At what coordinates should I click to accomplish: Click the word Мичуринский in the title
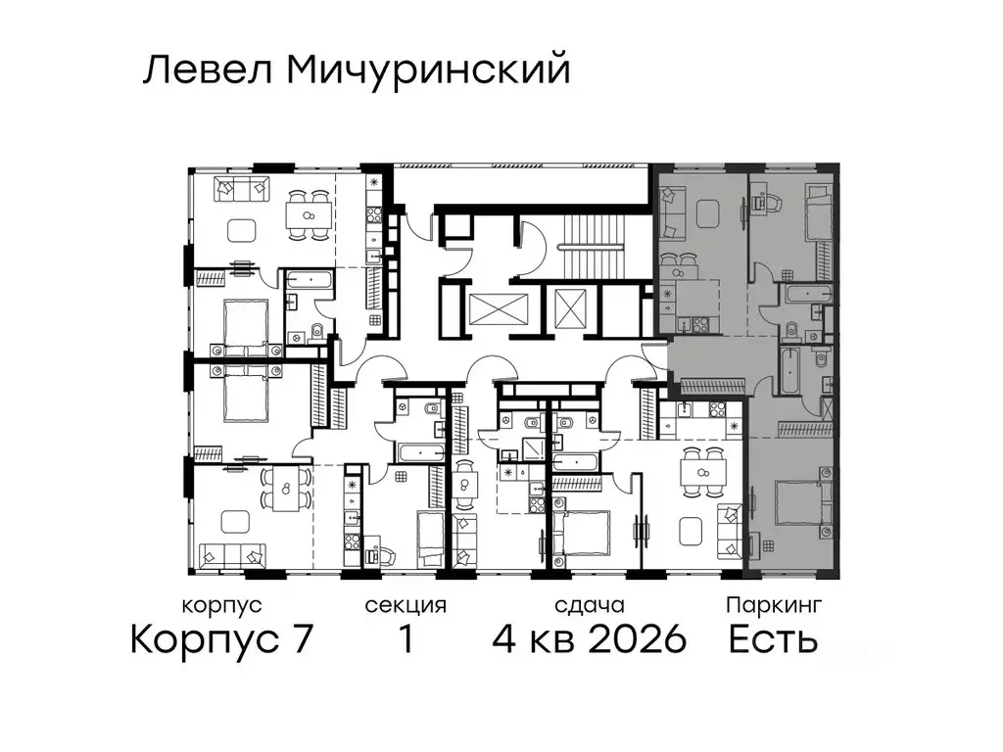click(428, 71)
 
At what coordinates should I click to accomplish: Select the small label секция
click(405, 605)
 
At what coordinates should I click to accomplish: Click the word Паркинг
click(773, 605)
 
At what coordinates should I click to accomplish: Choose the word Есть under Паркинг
click(773, 640)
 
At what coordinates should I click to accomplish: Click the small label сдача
click(588, 605)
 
